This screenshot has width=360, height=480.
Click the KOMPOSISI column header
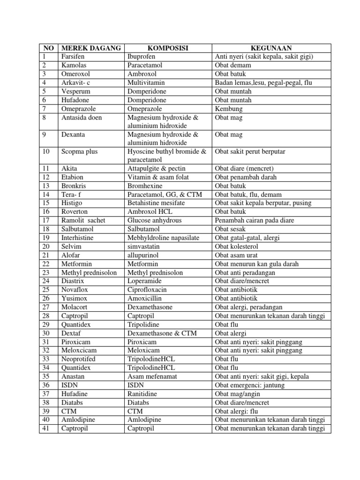168,48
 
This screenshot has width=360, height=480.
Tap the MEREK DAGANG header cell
91,48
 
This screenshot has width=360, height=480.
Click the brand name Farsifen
73,57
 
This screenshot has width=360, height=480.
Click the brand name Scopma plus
78,152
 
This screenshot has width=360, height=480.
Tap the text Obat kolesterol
236,247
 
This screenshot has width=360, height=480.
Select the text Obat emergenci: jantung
250,385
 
